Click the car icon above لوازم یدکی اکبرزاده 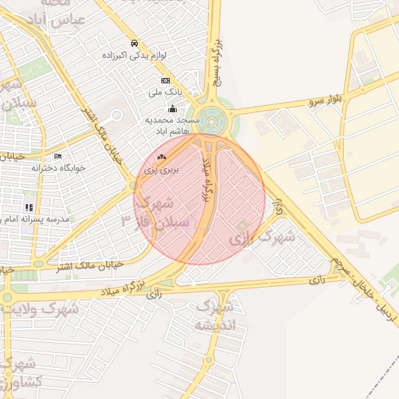tap(135, 44)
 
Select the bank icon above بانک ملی tap(165, 80)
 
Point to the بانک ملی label tap(165, 92)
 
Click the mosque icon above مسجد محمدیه tap(173, 109)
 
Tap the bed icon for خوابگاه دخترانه tap(58, 157)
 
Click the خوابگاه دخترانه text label tap(58, 168)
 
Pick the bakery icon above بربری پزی tap(161, 157)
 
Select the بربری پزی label tap(164, 168)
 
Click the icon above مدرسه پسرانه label tap(29, 207)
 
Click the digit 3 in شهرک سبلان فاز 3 tap(125, 221)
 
